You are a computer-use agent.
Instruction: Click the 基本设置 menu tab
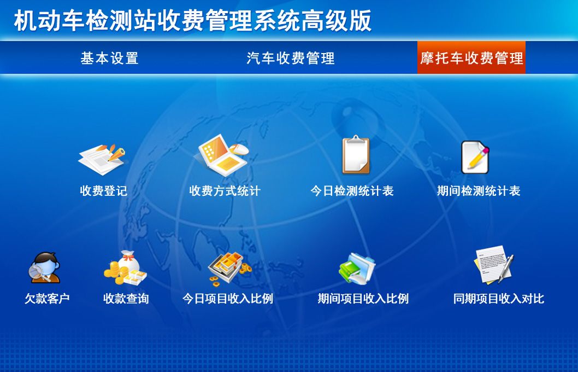point(109,59)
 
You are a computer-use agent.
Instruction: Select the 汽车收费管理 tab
point(291,59)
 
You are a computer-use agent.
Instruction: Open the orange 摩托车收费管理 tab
point(471,57)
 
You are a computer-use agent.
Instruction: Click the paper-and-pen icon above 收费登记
point(102,159)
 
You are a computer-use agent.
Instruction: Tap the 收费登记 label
point(104,191)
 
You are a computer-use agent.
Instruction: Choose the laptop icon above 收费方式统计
point(223,155)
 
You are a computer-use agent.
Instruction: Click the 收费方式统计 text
point(225,191)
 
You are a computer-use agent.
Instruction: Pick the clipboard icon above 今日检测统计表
point(356,154)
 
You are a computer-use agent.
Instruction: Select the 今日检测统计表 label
point(352,191)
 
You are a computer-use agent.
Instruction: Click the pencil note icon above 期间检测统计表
point(475,157)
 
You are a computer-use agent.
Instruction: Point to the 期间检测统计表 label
point(479,191)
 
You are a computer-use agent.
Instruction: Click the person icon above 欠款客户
point(44,268)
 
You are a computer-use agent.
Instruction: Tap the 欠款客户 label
point(47,299)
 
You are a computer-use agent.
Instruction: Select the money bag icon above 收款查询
point(125,268)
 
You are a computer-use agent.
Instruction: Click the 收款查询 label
point(126,299)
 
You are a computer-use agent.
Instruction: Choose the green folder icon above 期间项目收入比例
point(357,268)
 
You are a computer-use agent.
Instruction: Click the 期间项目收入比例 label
point(363,299)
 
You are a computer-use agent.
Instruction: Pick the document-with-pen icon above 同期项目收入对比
point(493,265)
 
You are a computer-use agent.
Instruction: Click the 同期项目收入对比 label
point(499,299)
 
